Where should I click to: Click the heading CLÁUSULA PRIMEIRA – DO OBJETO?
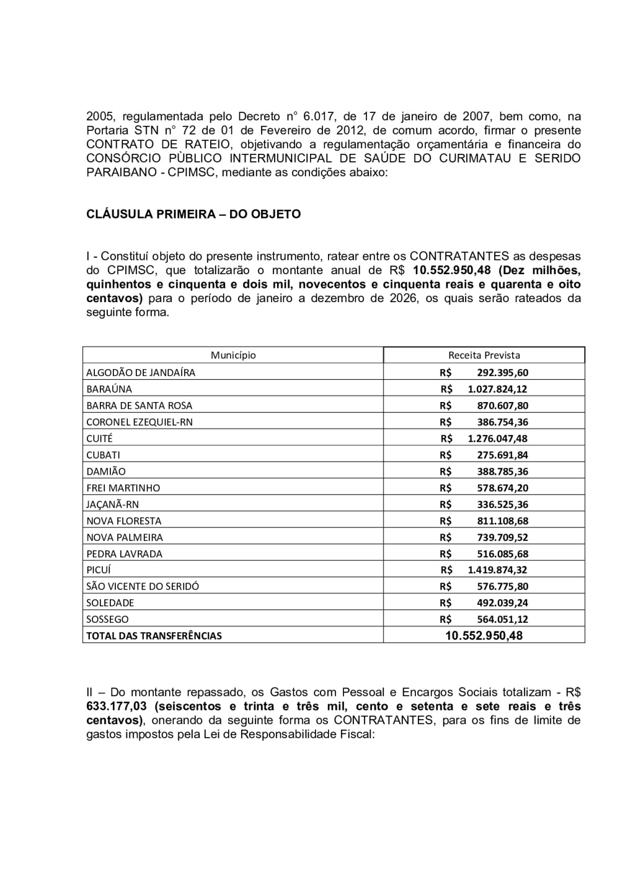193,214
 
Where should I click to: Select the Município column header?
233,355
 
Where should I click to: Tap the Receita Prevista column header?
484,355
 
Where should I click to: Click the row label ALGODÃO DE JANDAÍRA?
141,373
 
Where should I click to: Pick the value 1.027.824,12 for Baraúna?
497,389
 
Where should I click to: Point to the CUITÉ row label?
99,439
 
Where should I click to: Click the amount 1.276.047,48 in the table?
497,439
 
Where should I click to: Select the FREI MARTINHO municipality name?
123,488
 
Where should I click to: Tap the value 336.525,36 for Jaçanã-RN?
502,504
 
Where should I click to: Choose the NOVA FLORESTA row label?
123,521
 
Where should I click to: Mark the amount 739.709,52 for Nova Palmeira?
502,537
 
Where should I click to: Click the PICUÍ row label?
99,570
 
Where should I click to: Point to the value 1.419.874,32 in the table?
497,570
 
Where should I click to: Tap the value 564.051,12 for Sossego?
502,619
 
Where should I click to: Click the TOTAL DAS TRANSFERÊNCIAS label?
154,636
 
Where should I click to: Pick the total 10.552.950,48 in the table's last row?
484,636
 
